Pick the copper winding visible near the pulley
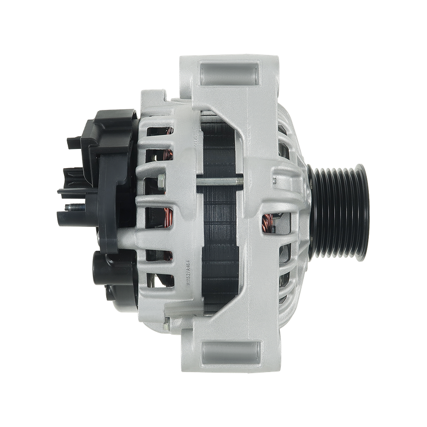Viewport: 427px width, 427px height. point(267,224)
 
